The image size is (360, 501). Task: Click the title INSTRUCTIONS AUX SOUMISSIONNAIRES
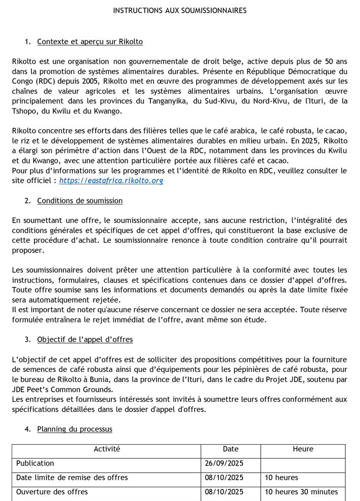tap(180, 10)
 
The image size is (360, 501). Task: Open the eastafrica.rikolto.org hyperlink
tap(111, 180)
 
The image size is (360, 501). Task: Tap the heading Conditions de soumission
tap(80, 200)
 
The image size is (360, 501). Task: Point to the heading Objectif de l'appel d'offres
tap(85, 340)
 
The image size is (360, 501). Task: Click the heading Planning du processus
tap(75, 429)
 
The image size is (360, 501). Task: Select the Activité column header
tap(107, 449)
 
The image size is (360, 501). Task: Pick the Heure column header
tap(303, 449)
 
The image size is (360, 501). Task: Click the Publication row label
tap(35, 463)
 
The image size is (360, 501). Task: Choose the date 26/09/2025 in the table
tap(224, 463)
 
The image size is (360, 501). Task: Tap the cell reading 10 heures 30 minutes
tap(301, 492)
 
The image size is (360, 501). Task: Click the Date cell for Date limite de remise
tap(224, 477)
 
